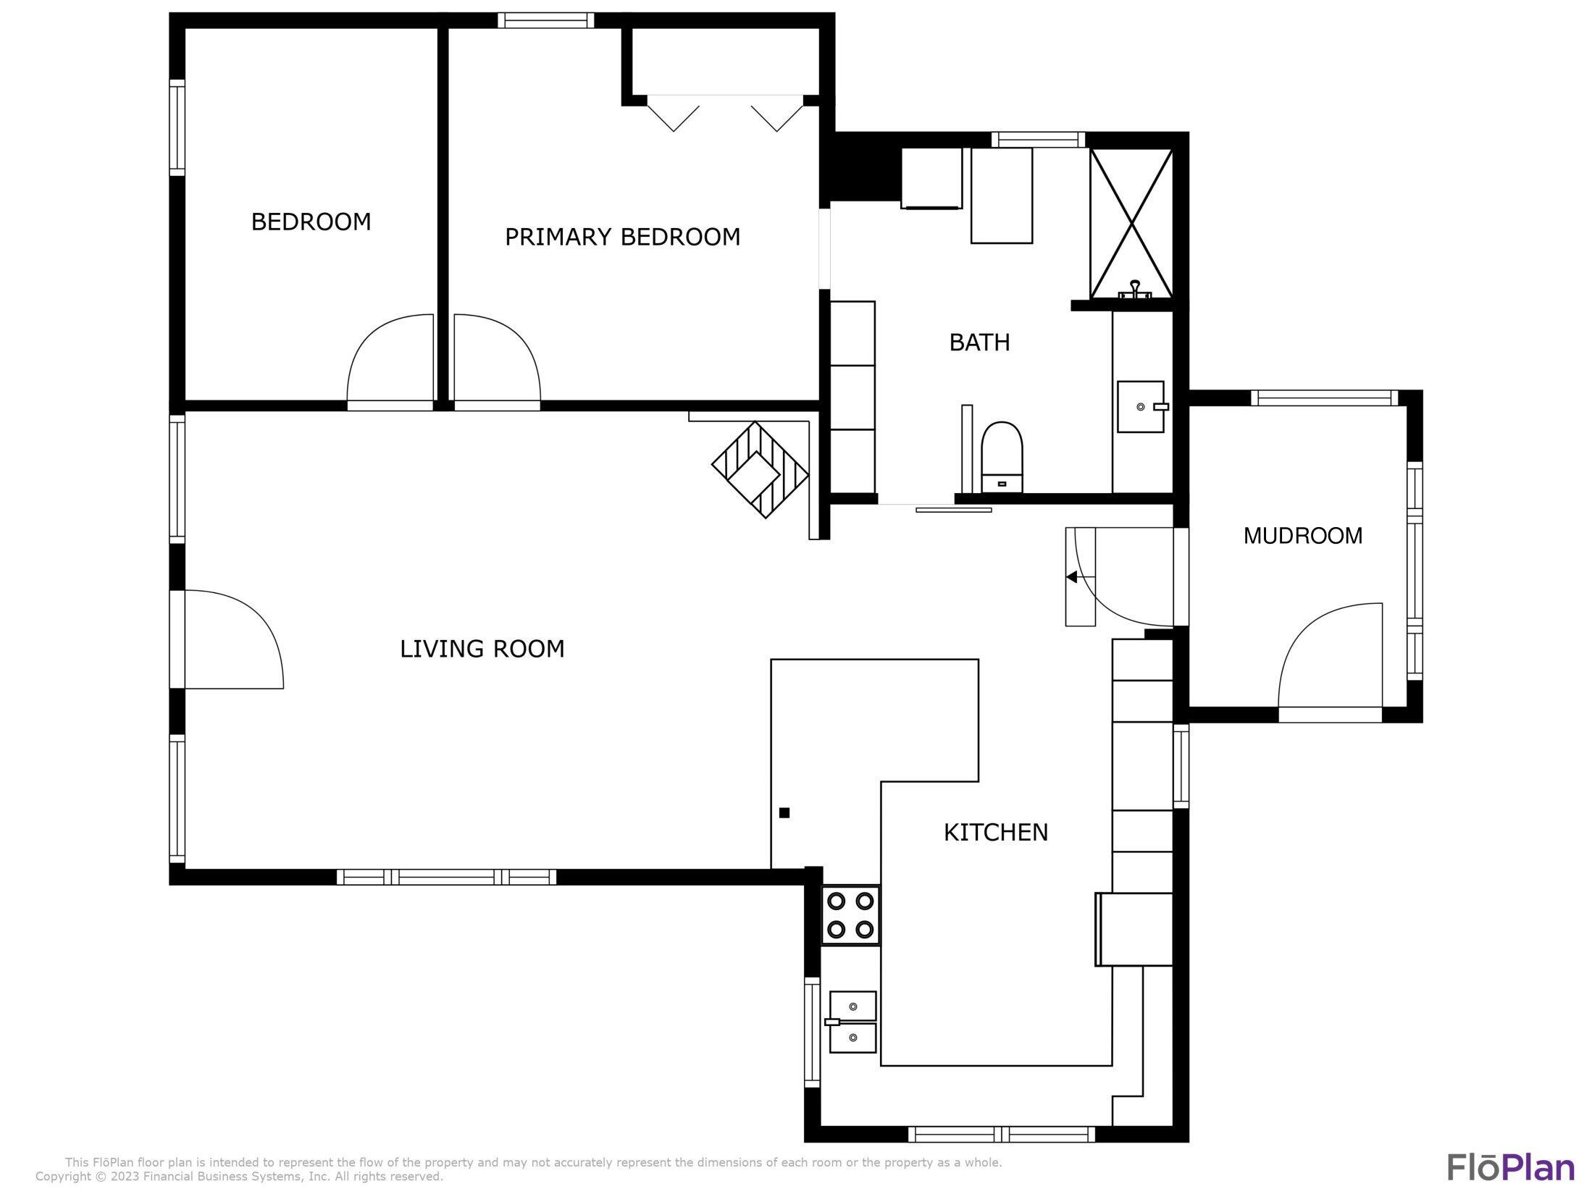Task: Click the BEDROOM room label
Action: (311, 222)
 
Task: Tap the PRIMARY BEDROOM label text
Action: (621, 237)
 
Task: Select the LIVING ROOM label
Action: (482, 649)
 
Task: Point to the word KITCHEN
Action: (995, 833)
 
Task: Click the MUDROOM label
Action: (1302, 536)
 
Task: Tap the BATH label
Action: (979, 342)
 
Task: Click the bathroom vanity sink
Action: (1140, 407)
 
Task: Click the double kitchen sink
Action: (852, 1022)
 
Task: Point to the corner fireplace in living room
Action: (760, 470)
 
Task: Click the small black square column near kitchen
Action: (784, 813)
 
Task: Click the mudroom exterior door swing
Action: (1330, 655)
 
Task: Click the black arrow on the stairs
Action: (1071, 577)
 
